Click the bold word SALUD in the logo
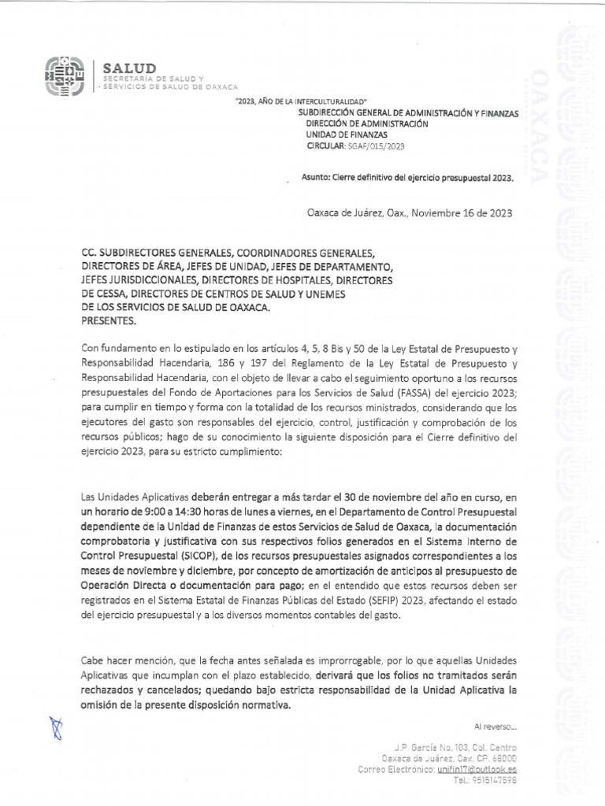tap(130, 69)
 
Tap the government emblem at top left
tap(65, 76)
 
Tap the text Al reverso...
tap(495, 726)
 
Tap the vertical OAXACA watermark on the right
tap(539, 126)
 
